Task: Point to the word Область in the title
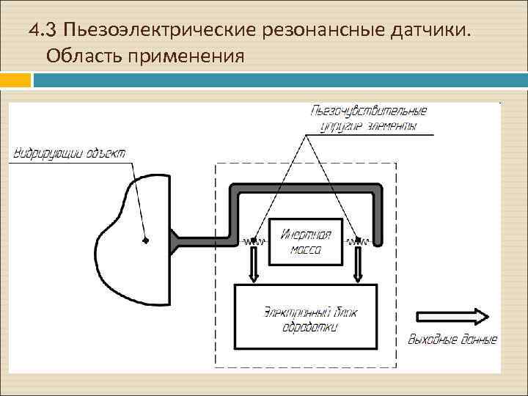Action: pyautogui.click(x=81, y=56)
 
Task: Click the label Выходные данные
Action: pyautogui.click(x=452, y=340)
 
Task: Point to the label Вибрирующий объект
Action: pyautogui.click(x=70, y=153)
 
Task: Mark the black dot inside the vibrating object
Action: pyautogui.click(x=146, y=240)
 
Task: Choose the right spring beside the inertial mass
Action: pyautogui.click(x=359, y=240)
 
